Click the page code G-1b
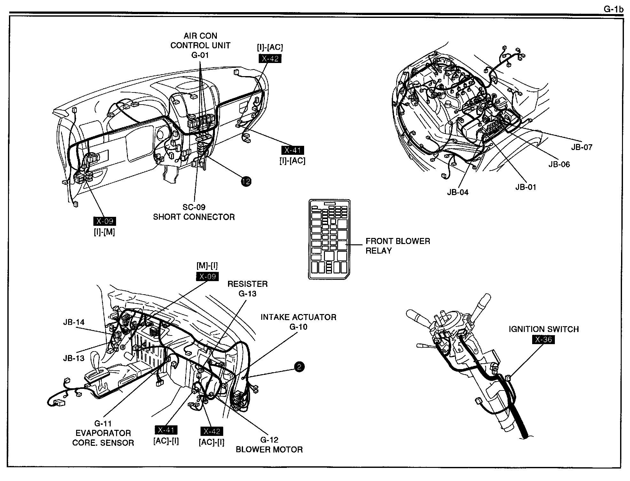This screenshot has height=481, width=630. [613, 10]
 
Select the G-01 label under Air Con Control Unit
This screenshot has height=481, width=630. [200, 55]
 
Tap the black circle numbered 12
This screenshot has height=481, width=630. [246, 182]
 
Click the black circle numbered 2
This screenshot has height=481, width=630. [299, 367]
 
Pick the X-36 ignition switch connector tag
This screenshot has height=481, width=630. [543, 339]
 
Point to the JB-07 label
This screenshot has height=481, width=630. [582, 147]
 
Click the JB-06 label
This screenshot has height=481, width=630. [559, 164]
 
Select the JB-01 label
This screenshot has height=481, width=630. [526, 187]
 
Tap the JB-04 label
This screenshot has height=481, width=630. [458, 192]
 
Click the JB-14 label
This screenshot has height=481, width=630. [74, 322]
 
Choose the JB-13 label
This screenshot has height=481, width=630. [74, 358]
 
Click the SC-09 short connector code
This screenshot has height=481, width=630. [194, 207]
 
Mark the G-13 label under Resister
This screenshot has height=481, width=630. [248, 294]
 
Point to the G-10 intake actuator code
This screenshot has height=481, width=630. [298, 327]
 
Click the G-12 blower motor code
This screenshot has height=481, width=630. [269, 440]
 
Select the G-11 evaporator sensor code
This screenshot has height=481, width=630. [103, 424]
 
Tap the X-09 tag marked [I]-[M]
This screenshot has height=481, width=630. [104, 221]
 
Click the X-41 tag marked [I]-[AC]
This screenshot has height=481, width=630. [292, 150]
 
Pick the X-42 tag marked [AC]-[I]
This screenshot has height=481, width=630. [212, 431]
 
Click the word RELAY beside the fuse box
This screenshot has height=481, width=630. [379, 251]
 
